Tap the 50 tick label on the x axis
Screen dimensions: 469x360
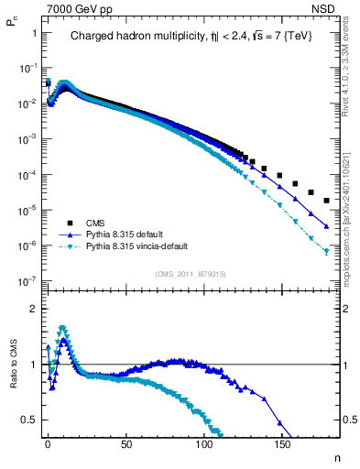click(x=125, y=443)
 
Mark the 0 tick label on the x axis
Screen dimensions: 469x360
click(x=48, y=443)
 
